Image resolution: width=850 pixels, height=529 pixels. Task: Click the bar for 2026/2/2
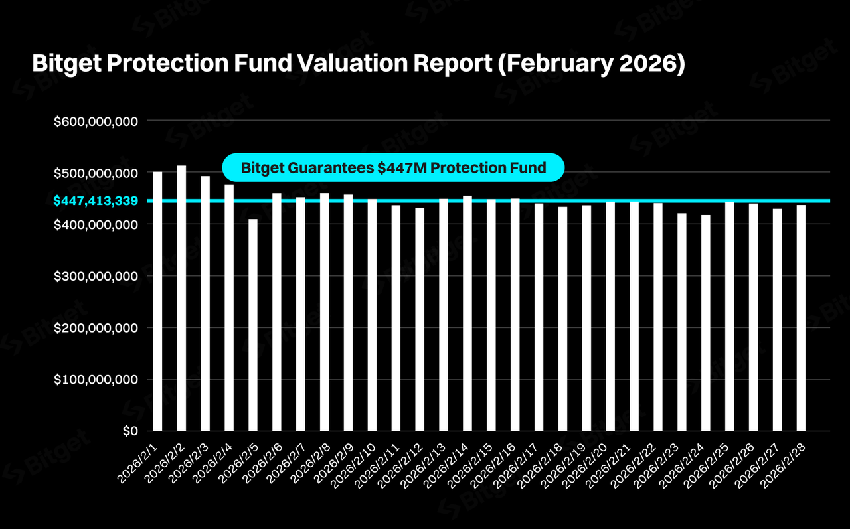tap(181, 299)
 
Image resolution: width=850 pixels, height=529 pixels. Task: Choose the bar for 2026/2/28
tap(801, 318)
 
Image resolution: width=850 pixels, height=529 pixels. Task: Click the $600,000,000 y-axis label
tap(96, 121)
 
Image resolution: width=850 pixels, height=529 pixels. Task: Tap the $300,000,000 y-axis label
tap(96, 276)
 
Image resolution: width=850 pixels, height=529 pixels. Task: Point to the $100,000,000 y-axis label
tap(96, 380)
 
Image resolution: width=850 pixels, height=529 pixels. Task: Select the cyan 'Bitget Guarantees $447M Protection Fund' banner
tap(393, 168)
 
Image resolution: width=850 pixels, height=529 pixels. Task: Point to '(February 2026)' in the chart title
tap(590, 64)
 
